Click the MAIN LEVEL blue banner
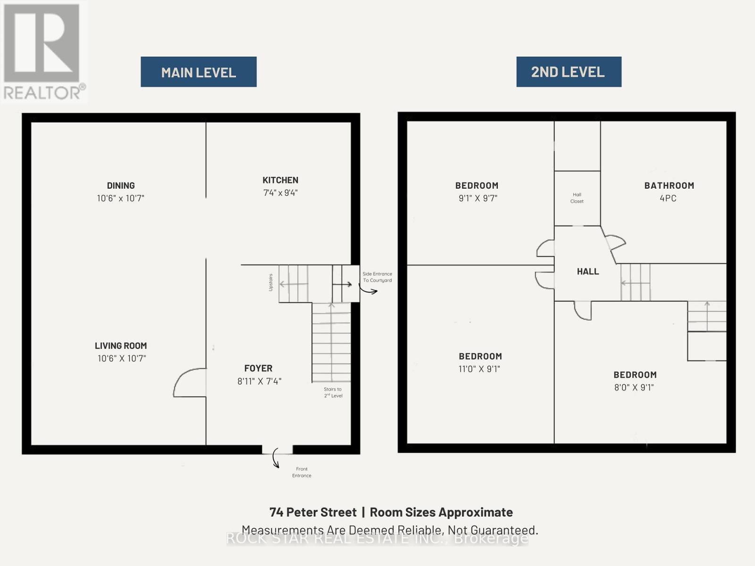coord(199,72)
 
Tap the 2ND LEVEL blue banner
coord(569,72)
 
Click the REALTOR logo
coord(44,52)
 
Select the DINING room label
coord(121,185)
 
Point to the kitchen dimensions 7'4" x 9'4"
coord(280,193)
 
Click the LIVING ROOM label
coord(121,346)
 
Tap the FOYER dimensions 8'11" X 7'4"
coord(260,381)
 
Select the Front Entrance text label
coord(302,472)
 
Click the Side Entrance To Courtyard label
coord(377,277)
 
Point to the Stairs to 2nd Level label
coord(333,392)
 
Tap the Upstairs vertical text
coord(271,283)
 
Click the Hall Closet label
coord(577,198)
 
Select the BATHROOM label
coord(669,185)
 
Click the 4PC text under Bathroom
coord(668,198)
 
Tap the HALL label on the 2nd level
coord(588,272)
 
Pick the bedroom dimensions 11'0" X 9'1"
coord(479,369)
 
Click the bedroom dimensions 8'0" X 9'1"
coord(634,387)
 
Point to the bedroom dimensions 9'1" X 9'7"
coord(478,198)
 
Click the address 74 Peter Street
coord(313,512)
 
